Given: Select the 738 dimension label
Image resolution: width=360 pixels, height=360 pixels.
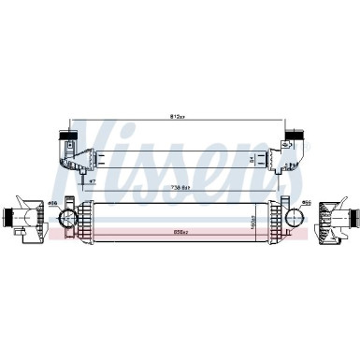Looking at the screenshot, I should coord(180,187).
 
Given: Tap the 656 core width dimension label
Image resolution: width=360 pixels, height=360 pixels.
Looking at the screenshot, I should coord(180,230).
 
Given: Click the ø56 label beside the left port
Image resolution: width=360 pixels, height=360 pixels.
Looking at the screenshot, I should coord(53,203).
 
